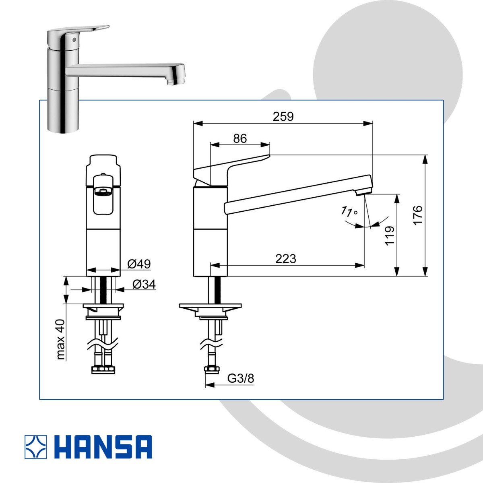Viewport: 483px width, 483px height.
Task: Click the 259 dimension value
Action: [283, 117]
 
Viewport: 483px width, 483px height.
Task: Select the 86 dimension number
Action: [240, 138]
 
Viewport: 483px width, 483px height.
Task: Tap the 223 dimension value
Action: [286, 259]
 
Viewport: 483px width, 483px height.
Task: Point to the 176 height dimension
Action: [418, 215]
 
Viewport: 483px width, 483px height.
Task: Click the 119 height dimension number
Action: [390, 236]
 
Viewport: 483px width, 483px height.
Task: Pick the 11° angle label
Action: [349, 211]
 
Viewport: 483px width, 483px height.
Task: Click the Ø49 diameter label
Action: [139, 264]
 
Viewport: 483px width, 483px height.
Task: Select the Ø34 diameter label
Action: [144, 284]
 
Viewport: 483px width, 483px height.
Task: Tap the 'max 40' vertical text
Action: [60, 339]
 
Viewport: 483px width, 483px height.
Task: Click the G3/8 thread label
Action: [241, 378]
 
